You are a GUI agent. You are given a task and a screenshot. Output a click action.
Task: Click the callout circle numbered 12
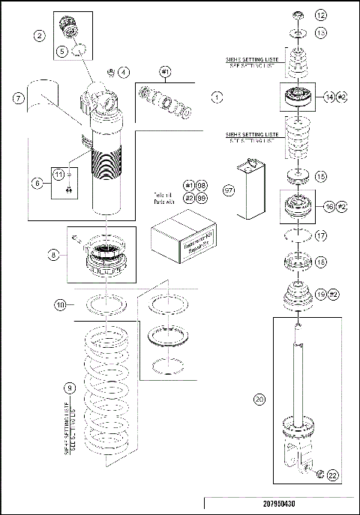[321, 15]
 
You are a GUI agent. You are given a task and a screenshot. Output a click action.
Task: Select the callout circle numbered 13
[321, 33]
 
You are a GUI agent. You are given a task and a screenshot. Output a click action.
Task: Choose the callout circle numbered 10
[61, 304]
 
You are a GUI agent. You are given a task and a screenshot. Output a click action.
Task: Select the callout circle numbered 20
[259, 400]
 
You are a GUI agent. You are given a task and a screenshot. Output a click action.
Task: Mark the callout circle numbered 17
[321, 235]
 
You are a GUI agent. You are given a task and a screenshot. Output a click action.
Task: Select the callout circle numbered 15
[321, 177]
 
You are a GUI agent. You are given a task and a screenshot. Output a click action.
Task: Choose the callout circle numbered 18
[321, 262]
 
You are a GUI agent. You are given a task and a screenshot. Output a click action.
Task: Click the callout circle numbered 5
[63, 52]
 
